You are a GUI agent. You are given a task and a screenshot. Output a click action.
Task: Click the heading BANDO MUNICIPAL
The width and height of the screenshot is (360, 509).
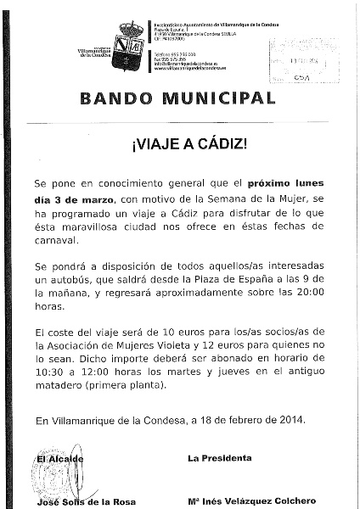178,97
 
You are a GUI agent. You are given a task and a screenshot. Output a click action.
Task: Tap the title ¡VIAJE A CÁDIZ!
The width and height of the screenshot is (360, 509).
179,143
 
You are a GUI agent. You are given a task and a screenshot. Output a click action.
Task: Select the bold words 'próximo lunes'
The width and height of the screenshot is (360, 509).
285,182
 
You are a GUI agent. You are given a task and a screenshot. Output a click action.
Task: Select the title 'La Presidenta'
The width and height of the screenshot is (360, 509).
219,459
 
